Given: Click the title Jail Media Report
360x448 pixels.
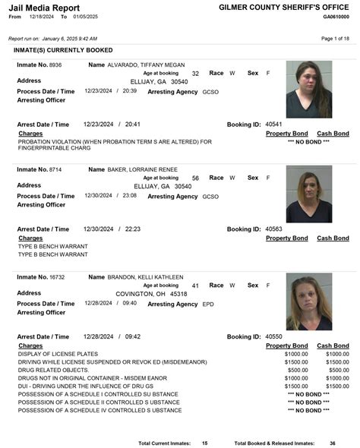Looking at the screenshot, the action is (x=39, y=7).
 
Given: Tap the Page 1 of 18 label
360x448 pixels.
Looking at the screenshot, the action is (x=335, y=38).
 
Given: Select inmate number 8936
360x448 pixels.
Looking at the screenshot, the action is (x=55, y=65).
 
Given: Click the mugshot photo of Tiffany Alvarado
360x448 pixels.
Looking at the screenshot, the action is (x=308, y=90).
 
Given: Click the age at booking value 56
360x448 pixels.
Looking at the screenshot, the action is (x=195, y=178).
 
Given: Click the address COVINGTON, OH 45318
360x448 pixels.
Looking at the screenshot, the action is (x=151, y=293).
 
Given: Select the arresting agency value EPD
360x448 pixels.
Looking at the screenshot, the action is (x=208, y=304).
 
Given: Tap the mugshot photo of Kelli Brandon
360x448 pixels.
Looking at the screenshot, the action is (x=308, y=301).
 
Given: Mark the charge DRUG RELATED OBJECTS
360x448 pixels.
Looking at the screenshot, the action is (x=52, y=370).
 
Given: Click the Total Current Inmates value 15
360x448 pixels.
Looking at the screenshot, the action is (x=204, y=442).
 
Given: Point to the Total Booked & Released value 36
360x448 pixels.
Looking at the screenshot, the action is (x=333, y=442).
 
